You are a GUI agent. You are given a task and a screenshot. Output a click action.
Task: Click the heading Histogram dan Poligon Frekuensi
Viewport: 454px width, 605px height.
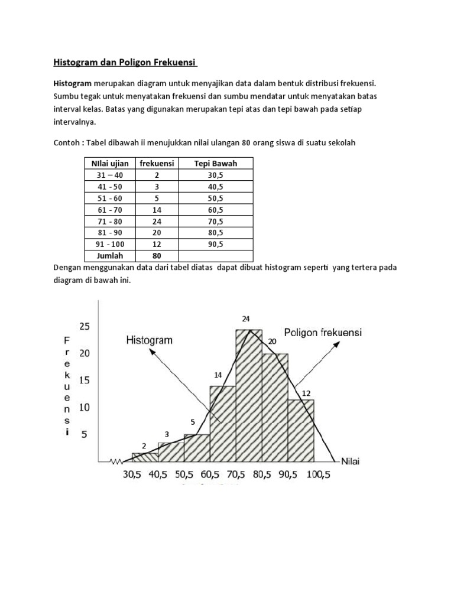click(125, 62)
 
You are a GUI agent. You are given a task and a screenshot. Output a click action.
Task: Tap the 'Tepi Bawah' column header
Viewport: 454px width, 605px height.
click(216, 163)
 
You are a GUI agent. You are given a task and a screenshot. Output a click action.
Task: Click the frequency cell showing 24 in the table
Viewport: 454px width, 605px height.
click(157, 221)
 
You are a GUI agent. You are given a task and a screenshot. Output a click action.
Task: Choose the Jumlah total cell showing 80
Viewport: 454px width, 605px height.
click(157, 255)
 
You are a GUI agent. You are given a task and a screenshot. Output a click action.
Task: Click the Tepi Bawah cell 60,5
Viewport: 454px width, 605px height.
click(216, 209)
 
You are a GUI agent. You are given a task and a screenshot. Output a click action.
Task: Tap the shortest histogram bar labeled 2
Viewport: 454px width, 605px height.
click(145, 457)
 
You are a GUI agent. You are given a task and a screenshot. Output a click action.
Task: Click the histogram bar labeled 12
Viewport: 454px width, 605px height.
click(301, 430)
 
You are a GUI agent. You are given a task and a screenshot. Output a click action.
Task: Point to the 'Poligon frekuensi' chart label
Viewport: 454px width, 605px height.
click(323, 333)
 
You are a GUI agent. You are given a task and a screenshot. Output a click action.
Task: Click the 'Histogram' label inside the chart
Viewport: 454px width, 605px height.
click(149, 340)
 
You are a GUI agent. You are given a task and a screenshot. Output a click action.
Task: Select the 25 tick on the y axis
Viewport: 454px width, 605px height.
click(85, 327)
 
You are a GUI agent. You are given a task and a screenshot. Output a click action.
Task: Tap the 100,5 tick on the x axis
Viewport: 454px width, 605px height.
click(314, 473)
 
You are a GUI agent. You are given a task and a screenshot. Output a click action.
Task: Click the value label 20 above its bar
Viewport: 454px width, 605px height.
click(272, 341)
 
